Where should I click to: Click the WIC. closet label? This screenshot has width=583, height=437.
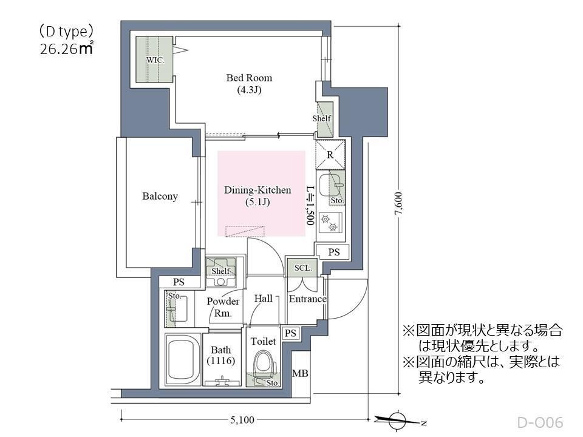155,60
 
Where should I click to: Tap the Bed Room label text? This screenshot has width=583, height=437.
249,78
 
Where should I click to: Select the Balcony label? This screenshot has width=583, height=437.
160,196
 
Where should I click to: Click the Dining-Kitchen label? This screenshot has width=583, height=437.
257,191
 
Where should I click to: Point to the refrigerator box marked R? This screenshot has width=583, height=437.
330,155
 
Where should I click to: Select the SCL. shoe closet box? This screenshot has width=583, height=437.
303,268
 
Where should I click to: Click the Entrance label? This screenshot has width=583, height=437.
307,299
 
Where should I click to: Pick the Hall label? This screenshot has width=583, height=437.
264,299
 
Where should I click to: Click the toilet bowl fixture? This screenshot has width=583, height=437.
264,364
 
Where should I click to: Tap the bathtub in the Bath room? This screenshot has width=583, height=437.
183,359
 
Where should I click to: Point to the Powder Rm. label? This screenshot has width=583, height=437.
223,307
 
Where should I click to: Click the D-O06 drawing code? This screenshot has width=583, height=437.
540,422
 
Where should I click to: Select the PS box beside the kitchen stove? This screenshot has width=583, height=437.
333,251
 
